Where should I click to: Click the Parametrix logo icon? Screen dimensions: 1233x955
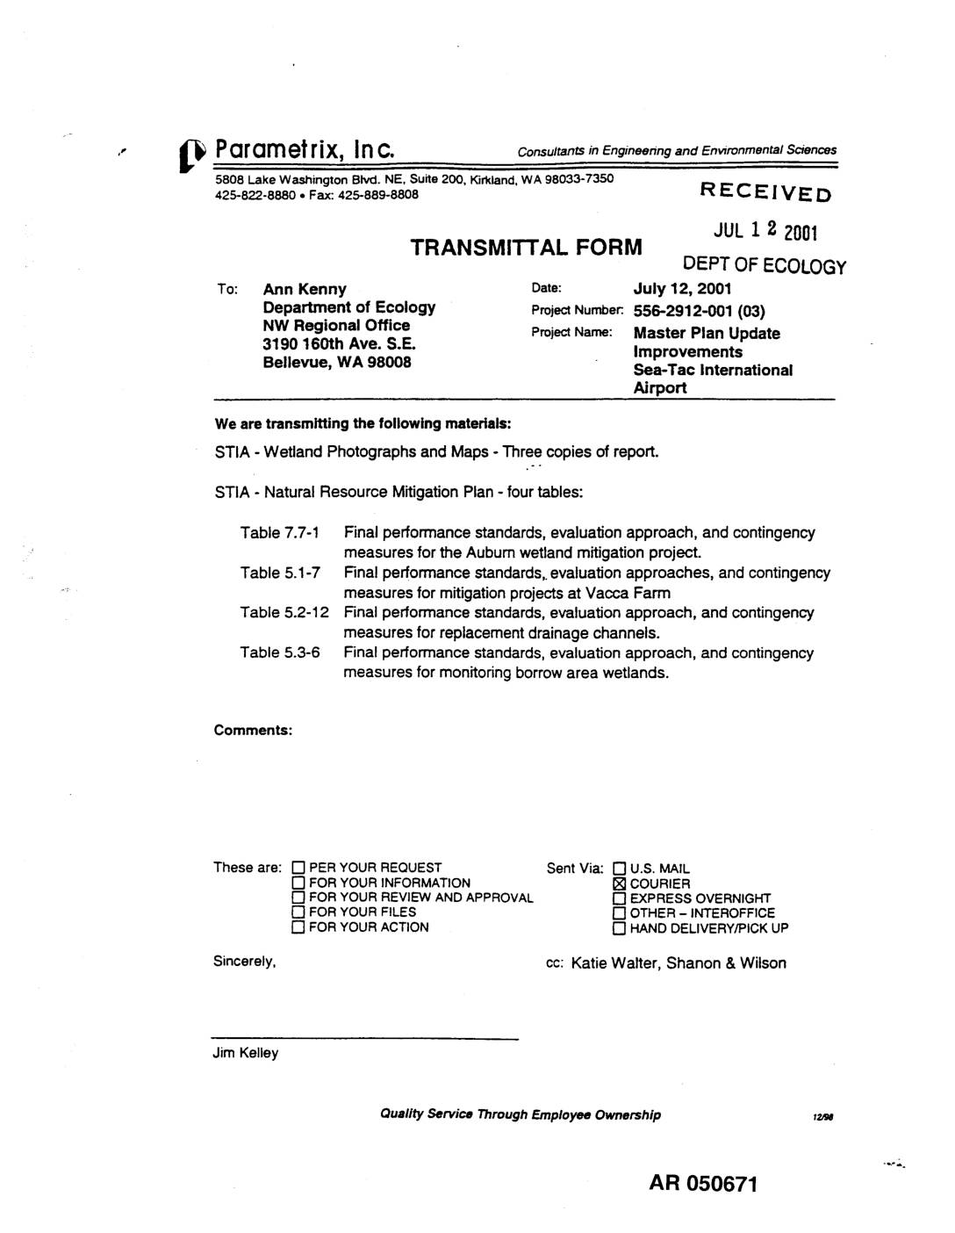coord(196,151)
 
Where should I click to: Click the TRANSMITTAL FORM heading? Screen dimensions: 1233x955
coord(527,247)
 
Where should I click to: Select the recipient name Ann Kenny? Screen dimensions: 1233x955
coord(305,289)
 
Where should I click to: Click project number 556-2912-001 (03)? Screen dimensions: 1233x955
coord(700,311)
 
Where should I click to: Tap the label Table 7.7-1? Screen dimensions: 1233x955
coord(280,533)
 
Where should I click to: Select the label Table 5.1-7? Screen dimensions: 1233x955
coord(280,573)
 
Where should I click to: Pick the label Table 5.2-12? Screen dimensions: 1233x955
coord(284,613)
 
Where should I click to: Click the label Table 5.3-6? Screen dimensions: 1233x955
coord(280,653)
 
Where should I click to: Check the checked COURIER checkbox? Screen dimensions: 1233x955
coord(620,883)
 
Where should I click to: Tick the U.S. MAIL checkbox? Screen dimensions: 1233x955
coord(620,869)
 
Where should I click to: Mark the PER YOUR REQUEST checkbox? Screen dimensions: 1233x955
coord(298,868)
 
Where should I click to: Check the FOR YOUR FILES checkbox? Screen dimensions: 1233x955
coord(298,912)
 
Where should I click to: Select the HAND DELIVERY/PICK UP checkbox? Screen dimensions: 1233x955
coord(620,928)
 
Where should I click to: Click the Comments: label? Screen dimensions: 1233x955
coord(253,730)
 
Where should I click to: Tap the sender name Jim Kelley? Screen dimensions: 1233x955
coord(246,1053)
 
